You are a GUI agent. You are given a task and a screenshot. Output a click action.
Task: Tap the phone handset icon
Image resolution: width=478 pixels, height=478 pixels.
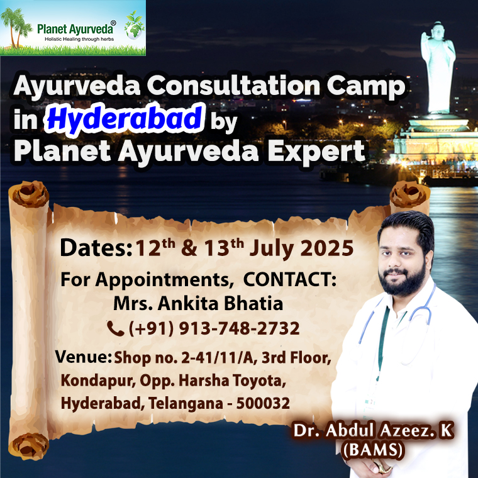point(116,328)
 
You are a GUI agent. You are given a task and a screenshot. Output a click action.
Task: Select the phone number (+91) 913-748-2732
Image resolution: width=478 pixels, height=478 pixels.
point(214,328)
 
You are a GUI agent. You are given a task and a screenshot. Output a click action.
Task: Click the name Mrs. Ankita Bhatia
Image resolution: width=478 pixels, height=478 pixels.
point(198,304)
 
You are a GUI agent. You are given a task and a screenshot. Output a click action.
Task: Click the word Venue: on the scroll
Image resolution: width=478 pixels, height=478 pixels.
point(83,357)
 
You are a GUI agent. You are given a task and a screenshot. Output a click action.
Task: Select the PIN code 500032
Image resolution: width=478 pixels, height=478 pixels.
point(263,403)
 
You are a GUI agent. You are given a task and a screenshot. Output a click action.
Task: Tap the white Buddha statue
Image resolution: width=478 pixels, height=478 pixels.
point(438,68)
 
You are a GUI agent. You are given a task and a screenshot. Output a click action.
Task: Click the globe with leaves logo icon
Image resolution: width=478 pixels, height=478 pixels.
point(135,26)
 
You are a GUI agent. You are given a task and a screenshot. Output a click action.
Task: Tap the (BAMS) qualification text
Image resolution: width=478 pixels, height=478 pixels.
point(373,450)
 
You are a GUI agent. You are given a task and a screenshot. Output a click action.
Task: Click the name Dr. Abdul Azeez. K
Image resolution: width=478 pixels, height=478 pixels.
point(373,430)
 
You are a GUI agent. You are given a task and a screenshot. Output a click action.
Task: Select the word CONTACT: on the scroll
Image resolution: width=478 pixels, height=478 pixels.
point(290,279)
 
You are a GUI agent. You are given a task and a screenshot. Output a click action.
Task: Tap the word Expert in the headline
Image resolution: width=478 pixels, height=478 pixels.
point(316,152)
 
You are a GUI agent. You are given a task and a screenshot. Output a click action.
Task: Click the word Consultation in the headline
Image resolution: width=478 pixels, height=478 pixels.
point(234,86)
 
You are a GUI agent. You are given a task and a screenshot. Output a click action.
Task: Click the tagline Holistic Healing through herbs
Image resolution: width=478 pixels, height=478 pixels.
point(79,39)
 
